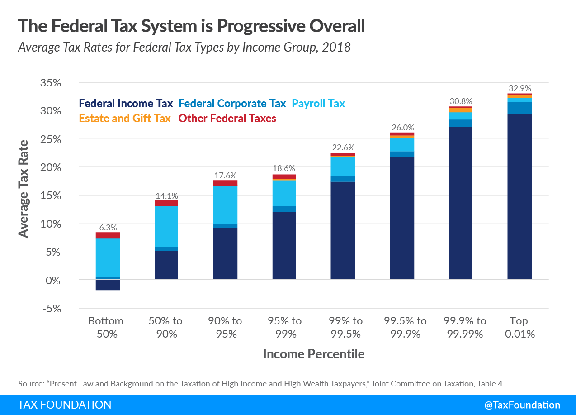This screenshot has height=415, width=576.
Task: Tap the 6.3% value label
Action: click(108, 227)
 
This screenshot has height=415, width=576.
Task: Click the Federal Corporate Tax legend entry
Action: click(232, 104)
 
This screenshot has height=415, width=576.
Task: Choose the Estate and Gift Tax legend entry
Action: click(125, 119)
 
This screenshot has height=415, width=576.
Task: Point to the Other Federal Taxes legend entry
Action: click(227, 119)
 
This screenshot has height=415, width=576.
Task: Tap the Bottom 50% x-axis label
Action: click(106, 327)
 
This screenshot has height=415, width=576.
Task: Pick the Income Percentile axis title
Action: click(313, 354)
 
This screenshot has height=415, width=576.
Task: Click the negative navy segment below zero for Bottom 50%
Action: click(108, 285)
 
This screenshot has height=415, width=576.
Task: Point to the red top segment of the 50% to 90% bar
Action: click(166, 203)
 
